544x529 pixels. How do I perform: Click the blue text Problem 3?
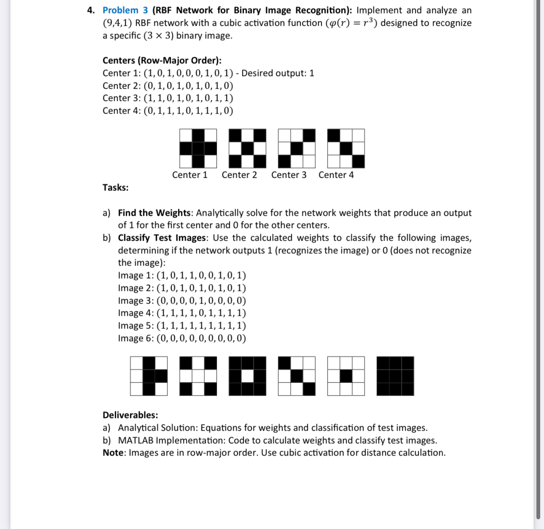coord(125,10)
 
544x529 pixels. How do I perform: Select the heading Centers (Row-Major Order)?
coord(162,60)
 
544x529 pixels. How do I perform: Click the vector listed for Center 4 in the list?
coord(188,111)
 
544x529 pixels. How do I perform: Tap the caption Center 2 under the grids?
coord(239,175)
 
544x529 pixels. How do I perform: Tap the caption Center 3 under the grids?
coord(289,175)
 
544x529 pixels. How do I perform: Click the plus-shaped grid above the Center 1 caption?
coord(198,149)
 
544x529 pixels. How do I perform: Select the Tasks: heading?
coord(116,187)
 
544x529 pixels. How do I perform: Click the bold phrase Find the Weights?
coord(154,213)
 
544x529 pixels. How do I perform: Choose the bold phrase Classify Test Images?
coord(163,238)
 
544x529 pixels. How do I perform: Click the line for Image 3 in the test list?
coord(182,301)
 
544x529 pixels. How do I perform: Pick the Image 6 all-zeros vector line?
coord(182,338)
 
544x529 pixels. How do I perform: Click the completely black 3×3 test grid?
coord(395,376)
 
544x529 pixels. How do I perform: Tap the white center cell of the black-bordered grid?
coord(248,376)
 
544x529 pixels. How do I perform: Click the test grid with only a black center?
coord(346,376)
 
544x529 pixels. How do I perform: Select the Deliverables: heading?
coord(130,415)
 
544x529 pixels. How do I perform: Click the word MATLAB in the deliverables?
coord(135,440)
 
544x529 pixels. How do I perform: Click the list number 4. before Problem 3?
coord(91,10)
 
